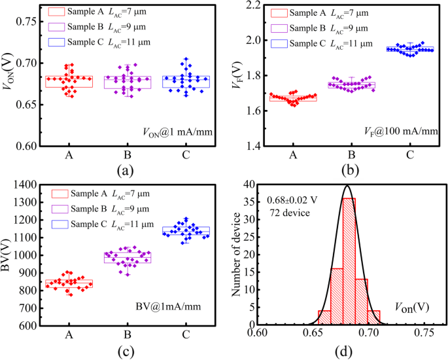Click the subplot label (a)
click(x=124, y=173)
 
